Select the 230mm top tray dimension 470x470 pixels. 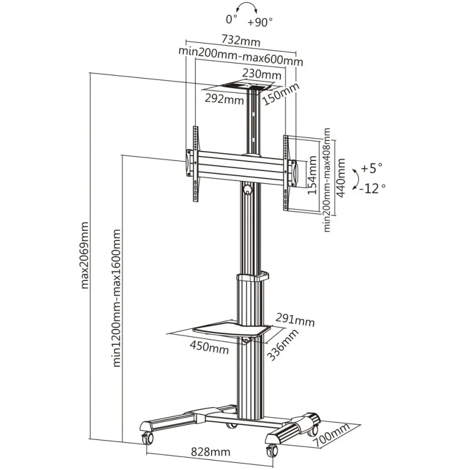point(262,75)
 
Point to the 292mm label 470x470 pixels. point(224,98)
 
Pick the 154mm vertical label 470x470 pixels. point(313,176)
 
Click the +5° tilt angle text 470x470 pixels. point(371,169)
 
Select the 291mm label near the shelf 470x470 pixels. point(296,321)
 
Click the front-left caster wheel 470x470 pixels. point(147,438)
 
